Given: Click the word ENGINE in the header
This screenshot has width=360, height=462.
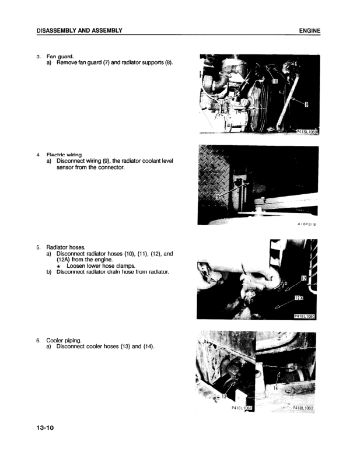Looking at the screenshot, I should (x=310, y=30).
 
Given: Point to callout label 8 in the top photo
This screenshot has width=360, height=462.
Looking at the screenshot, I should (x=307, y=105).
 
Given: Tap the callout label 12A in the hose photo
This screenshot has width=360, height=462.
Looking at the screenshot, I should (x=299, y=299).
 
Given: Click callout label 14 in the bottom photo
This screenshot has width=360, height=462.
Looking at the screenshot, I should (x=275, y=388).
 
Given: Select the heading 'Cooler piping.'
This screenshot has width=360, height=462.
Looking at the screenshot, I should (x=65, y=340).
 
